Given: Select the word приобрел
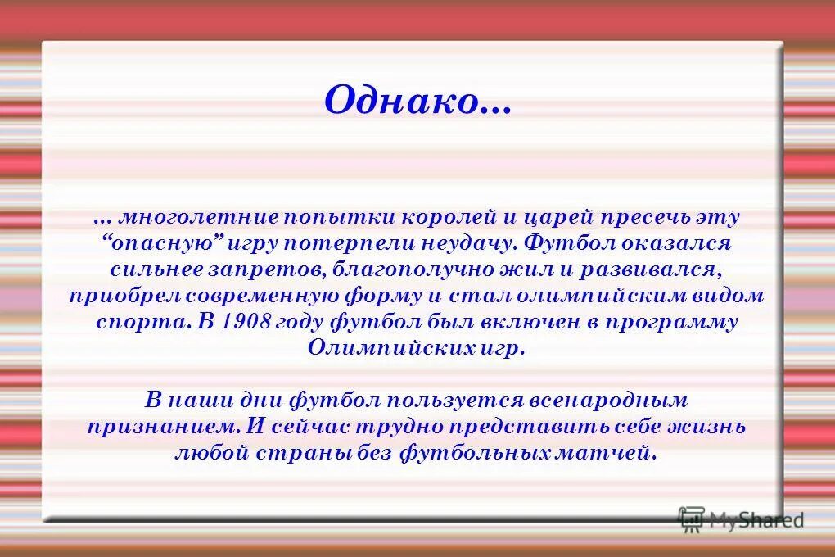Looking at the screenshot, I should coord(115,295).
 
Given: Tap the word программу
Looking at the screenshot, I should coord(672,321).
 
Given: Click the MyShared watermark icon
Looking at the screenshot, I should coord(691,518).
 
